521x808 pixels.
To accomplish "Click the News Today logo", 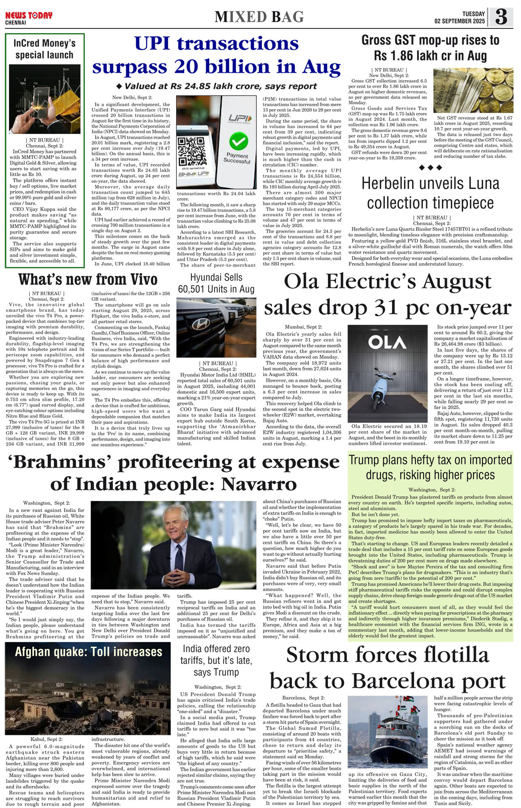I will point(28,16).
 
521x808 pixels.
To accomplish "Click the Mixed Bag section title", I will point(259,17).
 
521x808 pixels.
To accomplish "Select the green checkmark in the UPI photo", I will point(239,141).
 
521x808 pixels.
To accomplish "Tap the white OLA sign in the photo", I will point(387,343).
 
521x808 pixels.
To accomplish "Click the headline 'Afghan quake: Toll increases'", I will point(88,652).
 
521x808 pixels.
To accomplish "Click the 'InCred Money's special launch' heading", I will point(44,49).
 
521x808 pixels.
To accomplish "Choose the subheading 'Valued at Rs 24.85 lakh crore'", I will point(220,86).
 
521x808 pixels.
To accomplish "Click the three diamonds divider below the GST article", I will point(430,168).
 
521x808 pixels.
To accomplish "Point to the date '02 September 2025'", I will point(459,21).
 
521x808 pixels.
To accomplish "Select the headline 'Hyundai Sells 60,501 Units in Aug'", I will point(216,283).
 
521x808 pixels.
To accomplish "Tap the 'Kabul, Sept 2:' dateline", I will point(46,739).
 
